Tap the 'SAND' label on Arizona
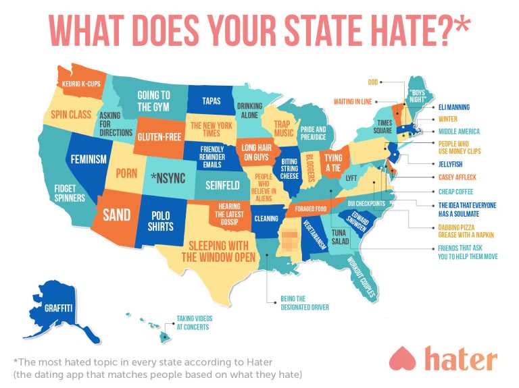pos(116,215)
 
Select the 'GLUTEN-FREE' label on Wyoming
pos(157,136)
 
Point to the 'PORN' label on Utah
pos(126,173)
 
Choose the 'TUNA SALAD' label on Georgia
pos(340,236)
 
